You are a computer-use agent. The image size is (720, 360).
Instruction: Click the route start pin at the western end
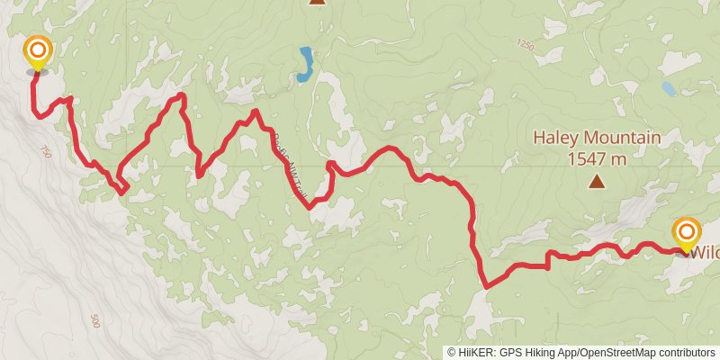tap(38, 52)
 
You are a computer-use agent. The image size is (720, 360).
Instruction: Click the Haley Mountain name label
tap(597, 139)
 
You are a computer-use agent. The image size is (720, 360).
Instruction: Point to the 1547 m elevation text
tap(597, 159)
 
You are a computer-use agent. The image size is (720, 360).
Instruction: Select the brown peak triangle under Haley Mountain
tap(597, 183)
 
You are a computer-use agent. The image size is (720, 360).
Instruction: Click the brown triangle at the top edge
tap(317, 2)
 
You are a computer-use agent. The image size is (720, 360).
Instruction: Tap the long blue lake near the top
tap(306, 64)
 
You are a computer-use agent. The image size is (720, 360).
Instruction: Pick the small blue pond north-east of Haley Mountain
tap(669, 89)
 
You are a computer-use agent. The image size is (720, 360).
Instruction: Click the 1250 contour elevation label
tap(526, 44)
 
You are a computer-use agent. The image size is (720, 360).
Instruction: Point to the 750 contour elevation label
tap(47, 152)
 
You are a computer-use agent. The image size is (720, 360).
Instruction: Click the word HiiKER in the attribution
tap(478, 353)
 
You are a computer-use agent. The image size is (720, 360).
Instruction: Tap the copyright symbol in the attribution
tap(453, 353)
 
